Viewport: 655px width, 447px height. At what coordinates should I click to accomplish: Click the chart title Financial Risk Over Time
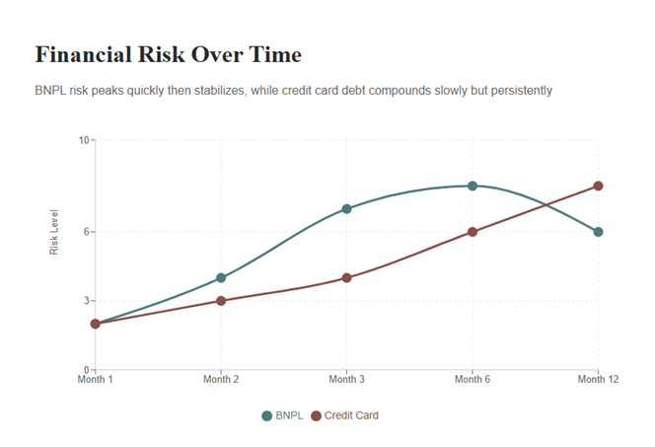168,53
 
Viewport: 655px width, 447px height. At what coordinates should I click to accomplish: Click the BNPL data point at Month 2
221,278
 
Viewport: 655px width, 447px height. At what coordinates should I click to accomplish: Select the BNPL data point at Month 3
347,209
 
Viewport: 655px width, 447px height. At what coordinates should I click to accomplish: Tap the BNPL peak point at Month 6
473,186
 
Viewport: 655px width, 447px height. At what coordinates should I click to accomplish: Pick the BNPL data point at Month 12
598,232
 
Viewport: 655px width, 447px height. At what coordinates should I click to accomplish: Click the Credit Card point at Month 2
221,301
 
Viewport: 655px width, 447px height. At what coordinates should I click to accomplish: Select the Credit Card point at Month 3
347,278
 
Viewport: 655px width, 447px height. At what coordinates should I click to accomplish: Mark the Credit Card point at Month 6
473,232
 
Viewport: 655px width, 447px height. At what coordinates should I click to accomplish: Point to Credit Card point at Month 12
598,186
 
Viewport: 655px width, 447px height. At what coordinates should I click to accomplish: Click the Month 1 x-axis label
96,380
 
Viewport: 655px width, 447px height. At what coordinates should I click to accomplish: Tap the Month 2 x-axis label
221,380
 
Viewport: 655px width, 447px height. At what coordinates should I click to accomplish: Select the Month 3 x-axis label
347,380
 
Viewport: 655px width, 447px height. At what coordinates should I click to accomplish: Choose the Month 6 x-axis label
473,380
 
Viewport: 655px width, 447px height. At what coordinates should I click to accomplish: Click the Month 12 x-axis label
598,380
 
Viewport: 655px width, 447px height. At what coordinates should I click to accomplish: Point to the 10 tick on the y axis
83,140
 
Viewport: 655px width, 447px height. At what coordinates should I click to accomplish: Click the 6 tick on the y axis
85,232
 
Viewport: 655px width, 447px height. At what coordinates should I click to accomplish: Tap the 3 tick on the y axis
85,301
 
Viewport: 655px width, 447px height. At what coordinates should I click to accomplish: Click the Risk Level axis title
55,232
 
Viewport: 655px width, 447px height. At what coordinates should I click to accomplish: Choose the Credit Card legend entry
344,415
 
